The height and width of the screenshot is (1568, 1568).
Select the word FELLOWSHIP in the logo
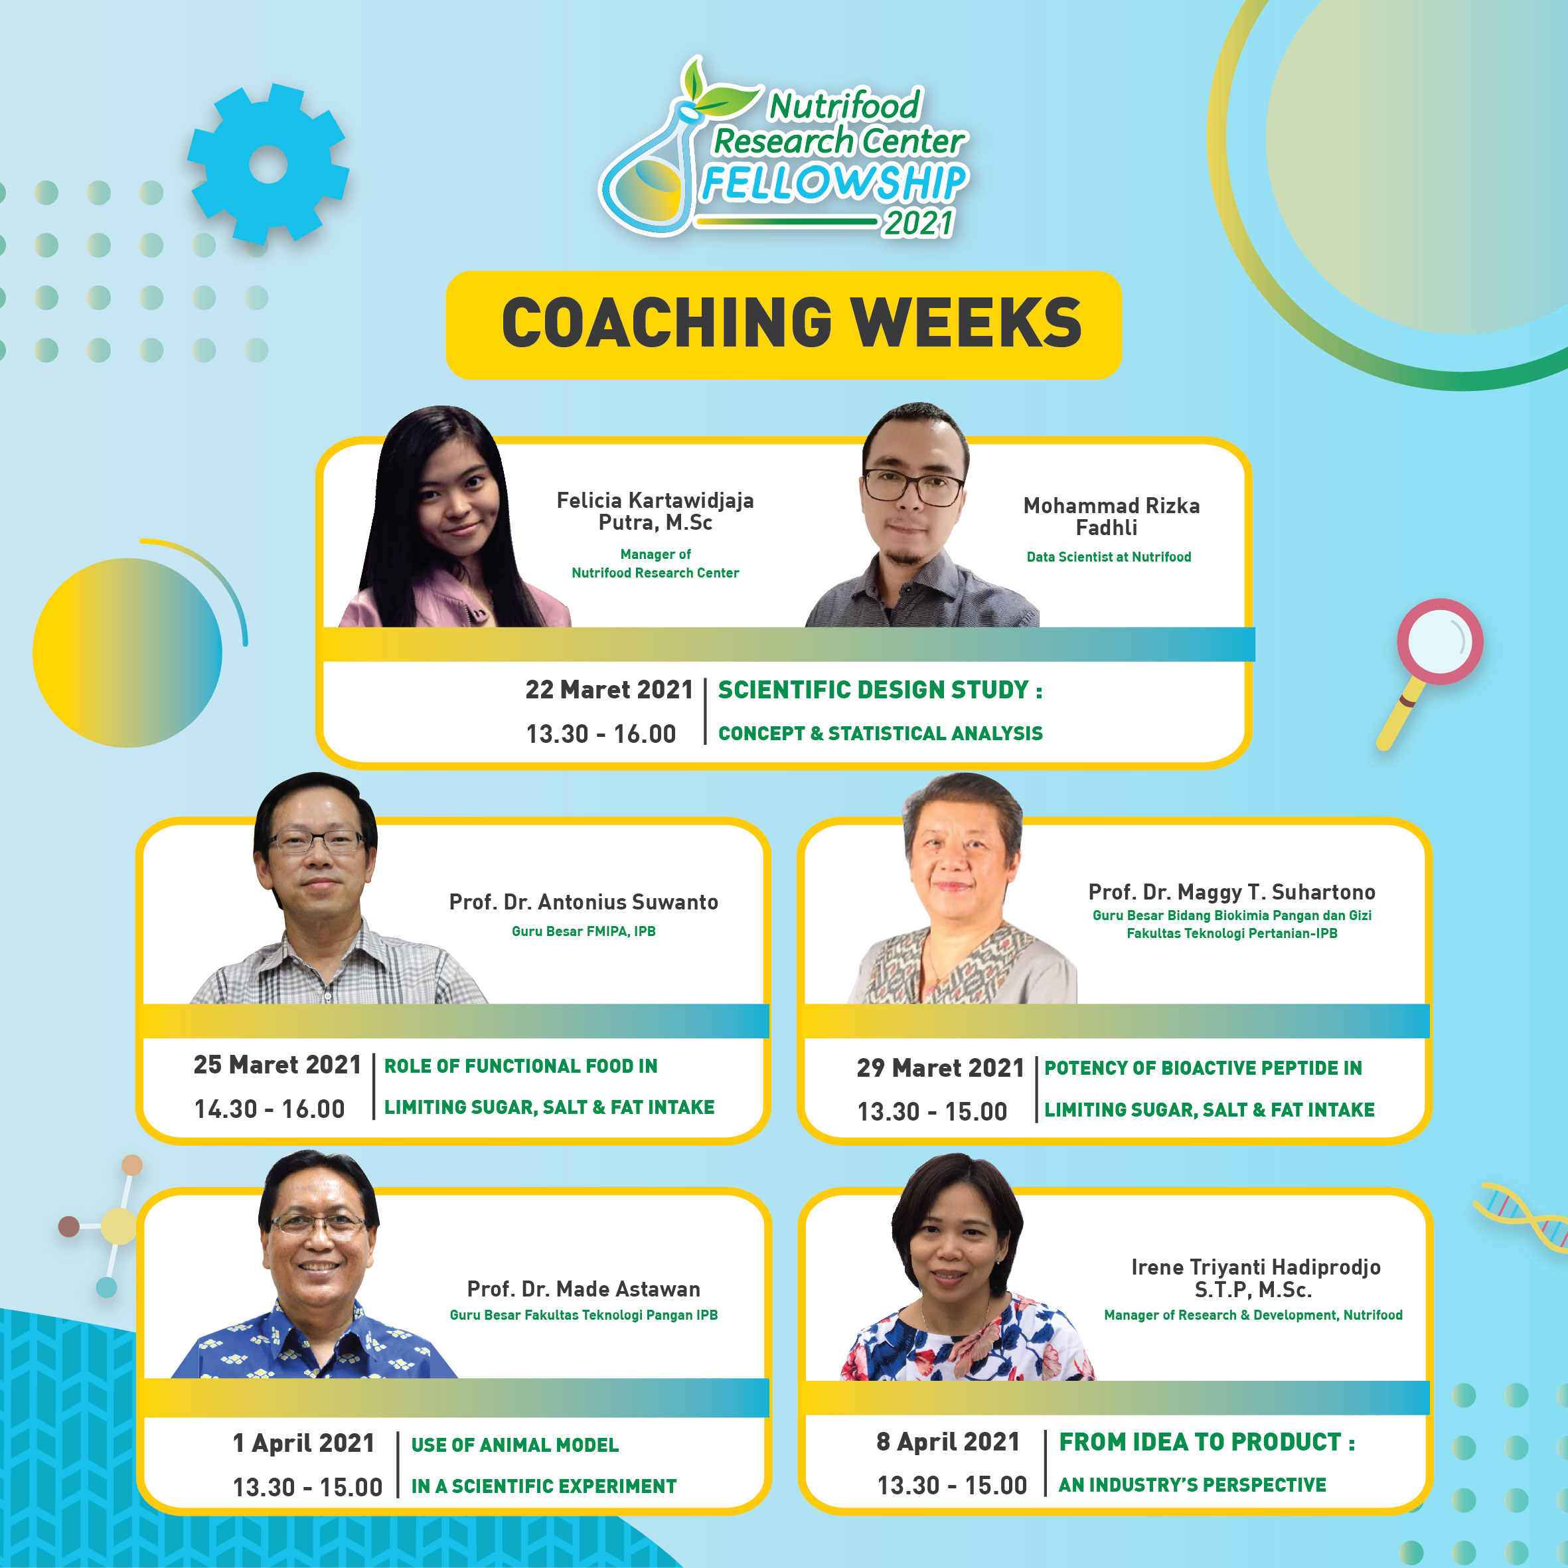[835, 183]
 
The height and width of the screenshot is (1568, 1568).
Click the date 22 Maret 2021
[609, 690]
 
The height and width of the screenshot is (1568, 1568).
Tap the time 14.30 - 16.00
[270, 1109]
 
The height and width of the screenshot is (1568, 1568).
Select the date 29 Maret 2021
[941, 1068]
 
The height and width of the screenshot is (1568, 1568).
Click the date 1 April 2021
[303, 1443]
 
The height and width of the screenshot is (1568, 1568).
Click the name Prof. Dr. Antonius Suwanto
[584, 902]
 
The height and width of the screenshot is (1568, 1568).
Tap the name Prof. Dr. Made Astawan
[584, 1289]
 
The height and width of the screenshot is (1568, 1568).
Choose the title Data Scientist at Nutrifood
[1109, 557]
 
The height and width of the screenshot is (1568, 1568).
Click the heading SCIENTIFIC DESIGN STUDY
[874, 690]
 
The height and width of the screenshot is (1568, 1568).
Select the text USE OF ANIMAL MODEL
[514, 1445]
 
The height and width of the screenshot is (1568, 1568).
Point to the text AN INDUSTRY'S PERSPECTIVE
[1192, 1484]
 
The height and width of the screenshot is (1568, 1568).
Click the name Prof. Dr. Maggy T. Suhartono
[1232, 892]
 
